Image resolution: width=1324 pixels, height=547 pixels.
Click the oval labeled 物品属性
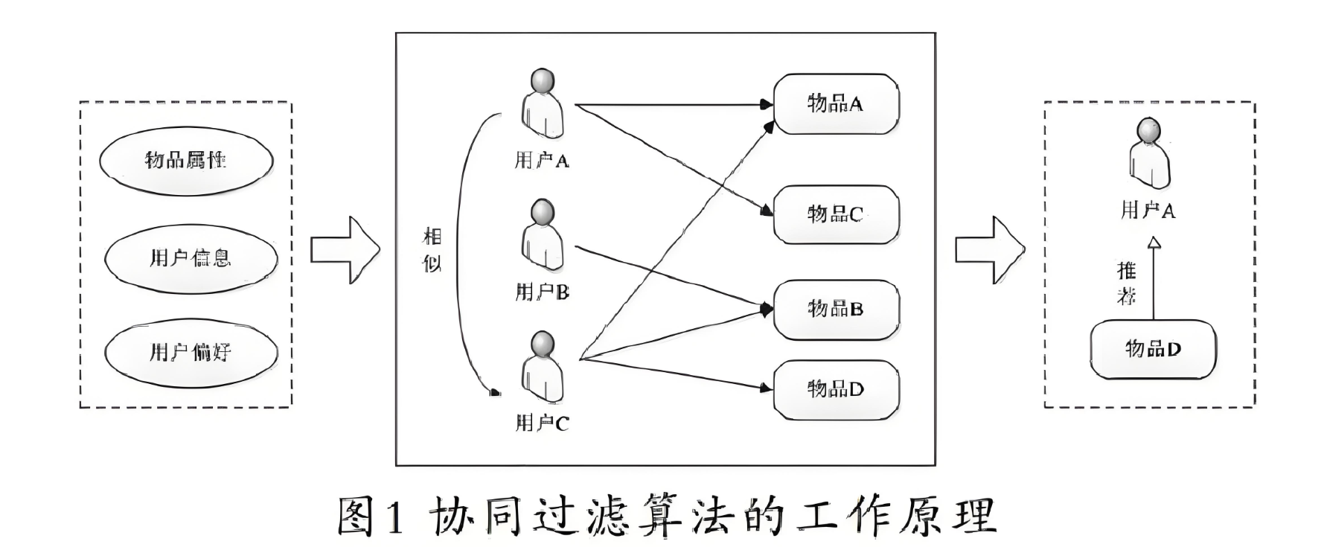click(187, 160)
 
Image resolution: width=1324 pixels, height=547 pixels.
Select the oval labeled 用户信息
click(191, 258)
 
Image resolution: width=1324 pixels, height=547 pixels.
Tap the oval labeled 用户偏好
click(191, 352)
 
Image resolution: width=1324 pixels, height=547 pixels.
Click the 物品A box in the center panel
click(836, 104)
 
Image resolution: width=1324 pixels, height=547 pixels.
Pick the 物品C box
click(836, 214)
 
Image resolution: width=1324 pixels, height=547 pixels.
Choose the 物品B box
click(836, 309)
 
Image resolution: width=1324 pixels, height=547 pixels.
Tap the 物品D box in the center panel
click(836, 389)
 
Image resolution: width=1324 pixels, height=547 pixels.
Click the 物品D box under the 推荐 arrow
click(1153, 349)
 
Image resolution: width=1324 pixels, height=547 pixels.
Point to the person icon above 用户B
click(543, 235)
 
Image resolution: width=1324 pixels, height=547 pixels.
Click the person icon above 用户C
click(543, 367)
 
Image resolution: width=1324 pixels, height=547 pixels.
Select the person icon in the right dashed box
click(1148, 154)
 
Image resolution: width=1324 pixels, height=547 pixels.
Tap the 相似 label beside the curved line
click(432, 250)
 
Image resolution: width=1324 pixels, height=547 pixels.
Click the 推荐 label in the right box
click(1127, 283)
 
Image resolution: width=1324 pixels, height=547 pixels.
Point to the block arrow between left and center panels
click(345, 250)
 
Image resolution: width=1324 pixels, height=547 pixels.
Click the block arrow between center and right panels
click(989, 250)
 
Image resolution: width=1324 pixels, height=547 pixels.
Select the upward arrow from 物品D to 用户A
click(1154, 279)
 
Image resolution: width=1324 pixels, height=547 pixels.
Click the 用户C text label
click(542, 423)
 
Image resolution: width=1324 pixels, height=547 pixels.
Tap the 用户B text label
click(542, 292)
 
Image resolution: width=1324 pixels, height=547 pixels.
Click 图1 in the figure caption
click(370, 516)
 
